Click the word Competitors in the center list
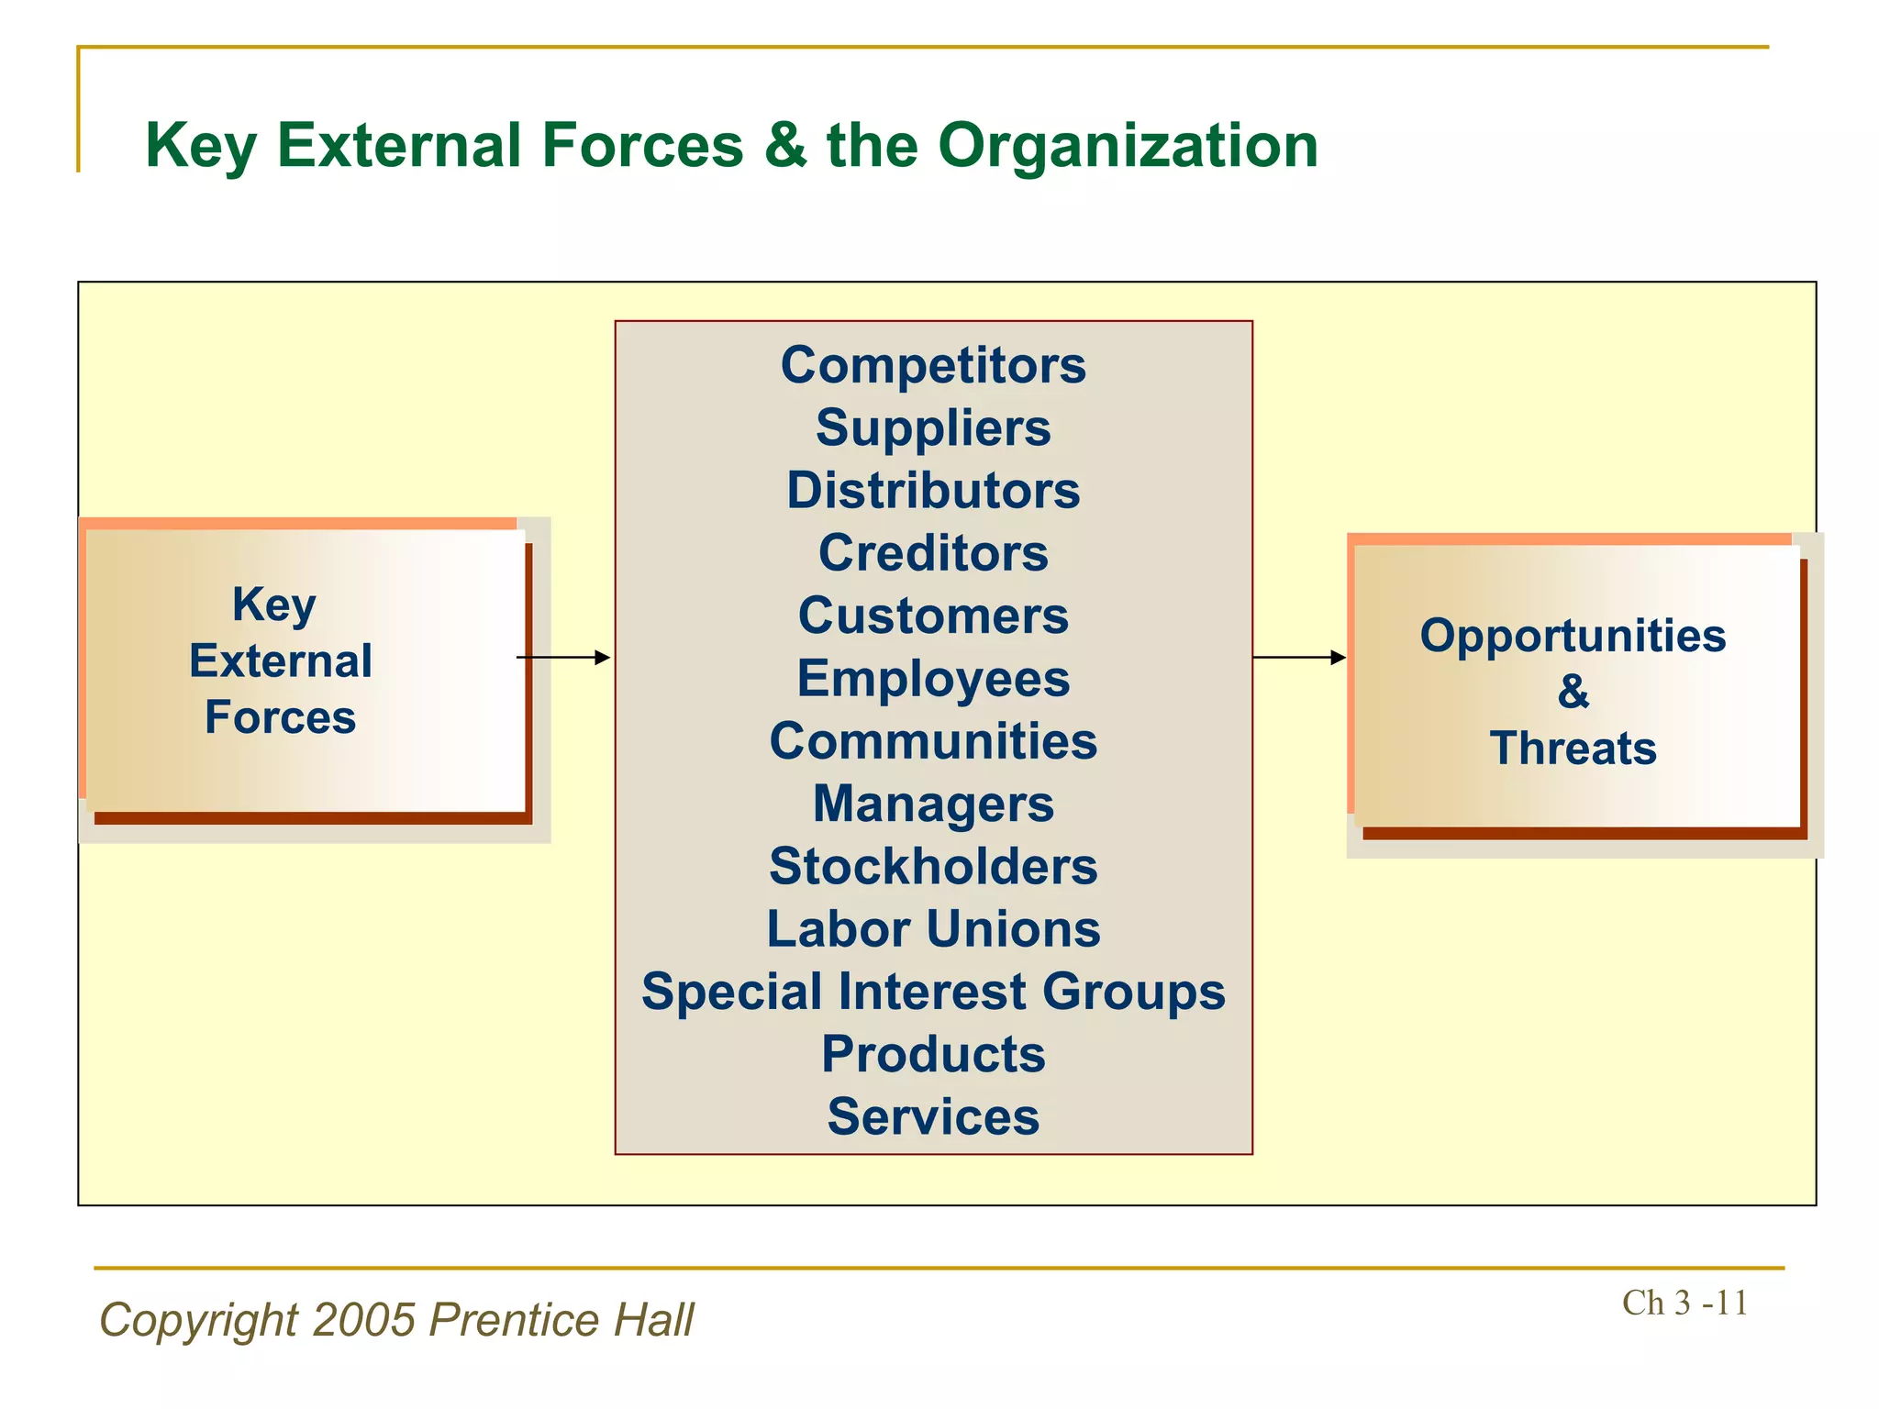[933, 366]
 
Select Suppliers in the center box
[933, 428]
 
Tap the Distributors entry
[933, 491]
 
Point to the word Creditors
[933, 553]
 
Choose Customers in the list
[933, 616]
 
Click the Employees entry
[933, 679]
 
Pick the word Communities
[933, 741]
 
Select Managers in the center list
[933, 804]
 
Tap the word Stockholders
[933, 867]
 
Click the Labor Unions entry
[933, 929]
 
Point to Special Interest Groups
[933, 993]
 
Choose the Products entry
[933, 1055]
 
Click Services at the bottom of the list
[933, 1117]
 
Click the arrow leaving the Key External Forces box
[563, 658]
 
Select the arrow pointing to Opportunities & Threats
[1299, 658]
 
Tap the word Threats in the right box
[1573, 749]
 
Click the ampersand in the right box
[1573, 692]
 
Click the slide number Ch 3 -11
[1684, 1303]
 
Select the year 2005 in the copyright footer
[364, 1320]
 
